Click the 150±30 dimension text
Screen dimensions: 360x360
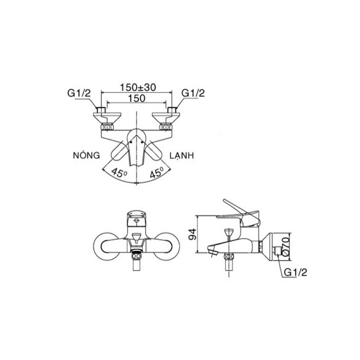[138, 87]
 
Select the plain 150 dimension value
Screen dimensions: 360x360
[137, 98]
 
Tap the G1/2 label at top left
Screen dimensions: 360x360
[79, 93]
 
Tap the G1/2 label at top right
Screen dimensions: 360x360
[193, 93]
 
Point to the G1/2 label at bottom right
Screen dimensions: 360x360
[295, 272]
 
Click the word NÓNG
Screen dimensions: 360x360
[86, 155]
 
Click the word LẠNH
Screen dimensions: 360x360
[182, 156]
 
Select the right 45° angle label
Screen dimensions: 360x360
[156, 172]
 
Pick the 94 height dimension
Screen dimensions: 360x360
[192, 234]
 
